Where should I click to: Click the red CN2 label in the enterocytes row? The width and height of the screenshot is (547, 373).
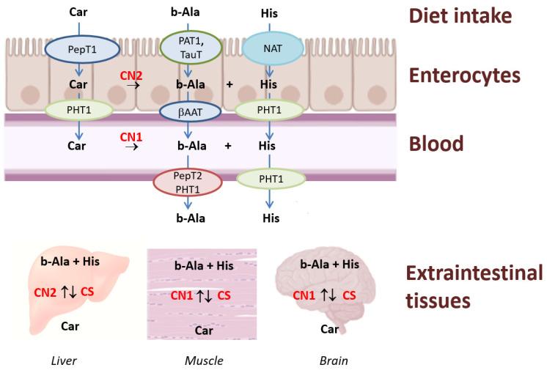132,75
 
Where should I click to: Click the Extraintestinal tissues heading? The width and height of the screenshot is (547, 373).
464,287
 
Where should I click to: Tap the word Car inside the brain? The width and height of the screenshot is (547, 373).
329,328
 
